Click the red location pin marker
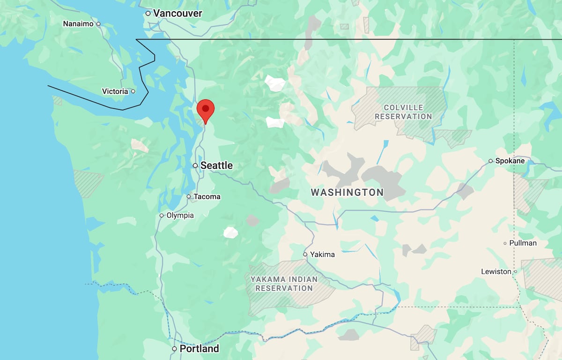pos(205,110)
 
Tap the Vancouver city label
pos(177,14)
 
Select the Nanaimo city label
pos(78,23)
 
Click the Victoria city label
pos(115,91)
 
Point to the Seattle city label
pos(216,165)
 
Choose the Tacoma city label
pos(207,197)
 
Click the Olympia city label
pos(180,216)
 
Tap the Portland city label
pos(200,349)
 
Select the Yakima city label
pos(322,255)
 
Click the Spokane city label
pos(510,161)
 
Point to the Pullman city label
pos(523,243)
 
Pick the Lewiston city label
pos(496,271)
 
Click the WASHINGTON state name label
pos(347,192)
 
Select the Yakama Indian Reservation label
pos(284,284)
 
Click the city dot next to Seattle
pos(195,165)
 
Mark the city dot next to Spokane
pos(490,161)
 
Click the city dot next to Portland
pos(174,349)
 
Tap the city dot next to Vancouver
pos(148,14)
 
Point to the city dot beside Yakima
pos(305,255)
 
